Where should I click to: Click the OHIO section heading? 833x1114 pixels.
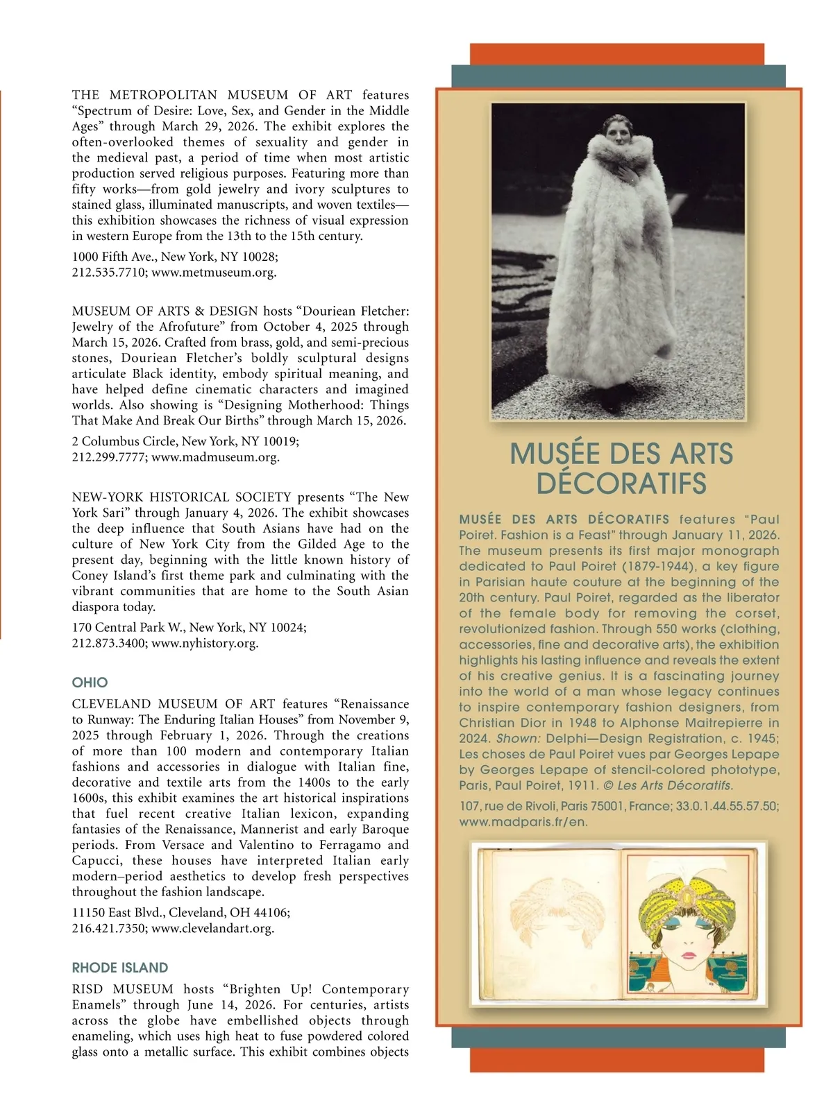(90, 683)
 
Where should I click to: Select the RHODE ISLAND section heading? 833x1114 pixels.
(120, 968)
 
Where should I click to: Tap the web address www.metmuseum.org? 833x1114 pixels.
(214, 273)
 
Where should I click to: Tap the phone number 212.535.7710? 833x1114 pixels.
(108, 273)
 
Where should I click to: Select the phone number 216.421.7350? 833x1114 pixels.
(108, 928)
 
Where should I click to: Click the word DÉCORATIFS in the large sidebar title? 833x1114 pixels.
(621, 483)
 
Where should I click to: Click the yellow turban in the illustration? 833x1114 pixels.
(687, 898)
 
